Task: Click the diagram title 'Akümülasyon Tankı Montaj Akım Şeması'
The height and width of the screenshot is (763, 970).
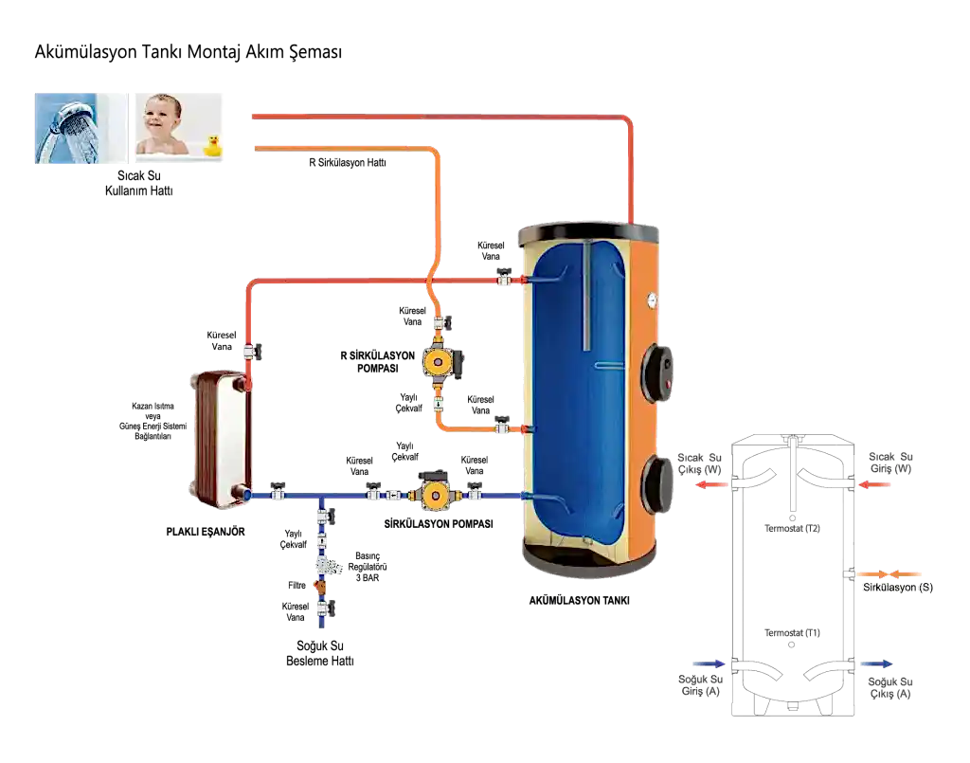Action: pos(189,52)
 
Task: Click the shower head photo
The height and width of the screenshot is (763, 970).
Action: pos(81,128)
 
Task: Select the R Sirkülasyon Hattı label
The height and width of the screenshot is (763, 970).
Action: pos(348,163)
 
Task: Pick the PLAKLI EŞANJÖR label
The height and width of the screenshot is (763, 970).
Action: pos(206,532)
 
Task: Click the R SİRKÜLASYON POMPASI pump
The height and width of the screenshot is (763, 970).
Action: pos(441,361)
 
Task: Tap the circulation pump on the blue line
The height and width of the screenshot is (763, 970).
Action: pos(437,493)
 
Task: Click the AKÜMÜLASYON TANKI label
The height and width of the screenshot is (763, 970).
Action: pos(579,600)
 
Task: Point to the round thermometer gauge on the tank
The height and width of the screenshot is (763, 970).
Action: pos(652,300)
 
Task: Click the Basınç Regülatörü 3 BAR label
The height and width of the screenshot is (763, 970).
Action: pos(368,567)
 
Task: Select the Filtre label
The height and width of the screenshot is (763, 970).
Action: pos(296,586)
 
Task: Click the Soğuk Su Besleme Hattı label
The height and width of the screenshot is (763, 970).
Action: pos(320,653)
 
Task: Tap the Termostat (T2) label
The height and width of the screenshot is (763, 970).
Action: pos(792,529)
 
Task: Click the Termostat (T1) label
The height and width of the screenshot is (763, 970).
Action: pos(792,633)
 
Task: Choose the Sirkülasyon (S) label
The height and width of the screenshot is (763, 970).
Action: pos(898,588)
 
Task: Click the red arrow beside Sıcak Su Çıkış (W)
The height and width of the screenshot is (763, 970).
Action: pos(710,484)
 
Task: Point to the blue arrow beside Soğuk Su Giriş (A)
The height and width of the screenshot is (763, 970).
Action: pos(709,664)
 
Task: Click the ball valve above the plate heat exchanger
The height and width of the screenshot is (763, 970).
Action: pos(252,352)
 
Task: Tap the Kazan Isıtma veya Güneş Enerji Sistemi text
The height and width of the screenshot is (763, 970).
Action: pos(153,421)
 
